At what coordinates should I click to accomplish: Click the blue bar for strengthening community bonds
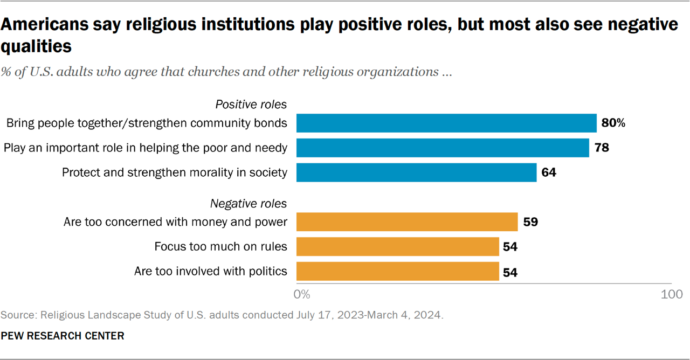(x=446, y=123)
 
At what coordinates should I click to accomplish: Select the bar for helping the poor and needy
(x=443, y=148)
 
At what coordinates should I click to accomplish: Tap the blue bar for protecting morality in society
(x=416, y=172)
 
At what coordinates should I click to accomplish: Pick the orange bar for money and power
(x=407, y=221)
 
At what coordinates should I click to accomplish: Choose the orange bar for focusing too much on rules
(x=398, y=247)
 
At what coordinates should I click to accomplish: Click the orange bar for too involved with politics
(x=398, y=272)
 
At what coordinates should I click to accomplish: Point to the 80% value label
(x=613, y=123)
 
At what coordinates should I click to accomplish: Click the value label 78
(x=602, y=148)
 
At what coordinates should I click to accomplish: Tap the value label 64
(x=549, y=173)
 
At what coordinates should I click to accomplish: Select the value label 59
(x=530, y=222)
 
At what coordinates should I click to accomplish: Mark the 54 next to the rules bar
(x=510, y=247)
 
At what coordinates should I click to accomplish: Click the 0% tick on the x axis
(x=302, y=294)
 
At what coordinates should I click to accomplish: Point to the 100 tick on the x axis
(x=672, y=294)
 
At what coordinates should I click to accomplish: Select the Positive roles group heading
(x=251, y=104)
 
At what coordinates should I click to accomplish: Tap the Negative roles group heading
(x=249, y=203)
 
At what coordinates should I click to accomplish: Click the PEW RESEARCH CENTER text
(x=63, y=336)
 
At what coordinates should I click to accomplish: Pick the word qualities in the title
(x=36, y=47)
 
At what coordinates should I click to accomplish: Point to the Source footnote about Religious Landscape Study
(x=222, y=315)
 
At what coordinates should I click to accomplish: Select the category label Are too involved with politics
(x=211, y=271)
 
